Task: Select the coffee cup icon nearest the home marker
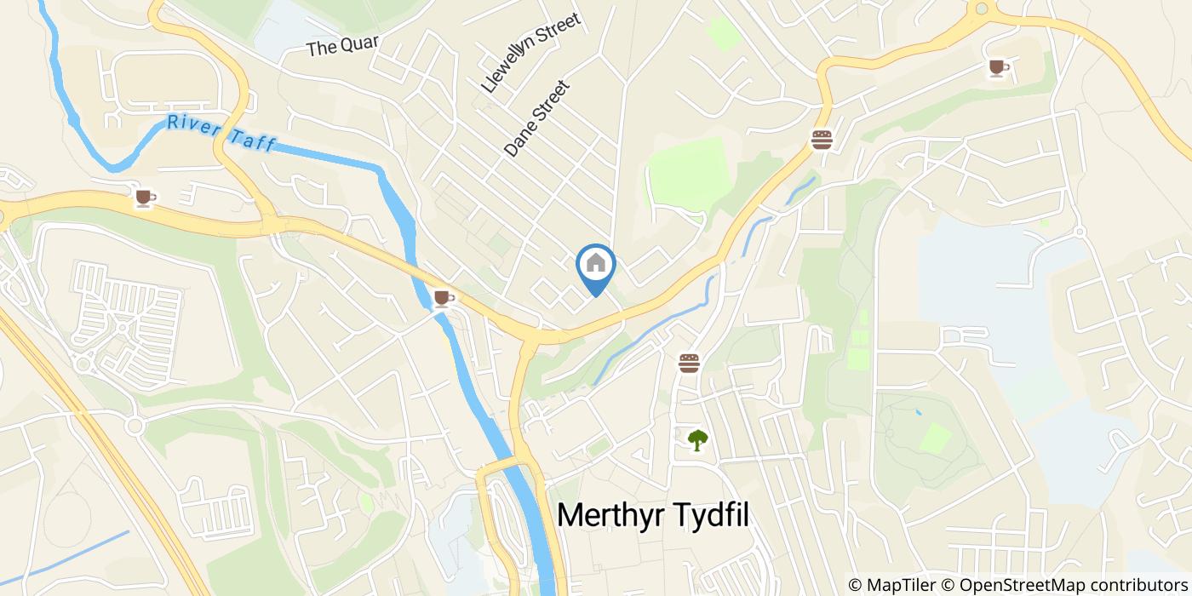pyautogui.click(x=442, y=298)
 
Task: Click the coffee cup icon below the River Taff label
pyautogui.click(x=145, y=198)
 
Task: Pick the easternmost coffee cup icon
pyautogui.click(x=997, y=68)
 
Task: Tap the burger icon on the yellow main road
pyautogui.click(x=822, y=140)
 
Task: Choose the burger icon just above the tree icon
pyautogui.click(x=690, y=364)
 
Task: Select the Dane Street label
pyautogui.click(x=536, y=118)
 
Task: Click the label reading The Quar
pyautogui.click(x=342, y=45)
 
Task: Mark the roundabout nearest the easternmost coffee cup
pyautogui.click(x=982, y=9)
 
